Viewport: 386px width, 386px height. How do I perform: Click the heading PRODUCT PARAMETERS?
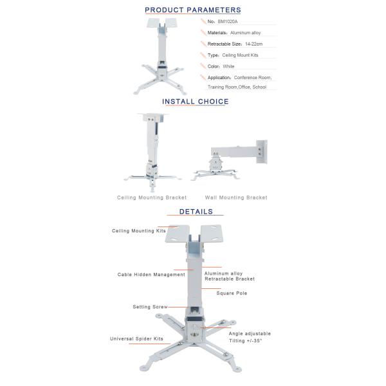click(x=193, y=10)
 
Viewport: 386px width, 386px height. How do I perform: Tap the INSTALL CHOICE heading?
click(x=195, y=101)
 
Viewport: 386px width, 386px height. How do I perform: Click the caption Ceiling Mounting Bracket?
click(x=152, y=198)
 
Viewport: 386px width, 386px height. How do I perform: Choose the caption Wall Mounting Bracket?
click(x=236, y=198)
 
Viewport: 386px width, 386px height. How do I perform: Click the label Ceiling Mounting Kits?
click(x=139, y=230)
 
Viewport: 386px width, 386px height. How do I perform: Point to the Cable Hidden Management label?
click(x=151, y=274)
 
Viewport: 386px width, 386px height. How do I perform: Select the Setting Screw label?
click(x=150, y=307)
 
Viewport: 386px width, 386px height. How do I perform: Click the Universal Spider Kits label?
click(x=136, y=338)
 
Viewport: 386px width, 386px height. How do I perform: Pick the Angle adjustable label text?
click(x=250, y=333)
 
